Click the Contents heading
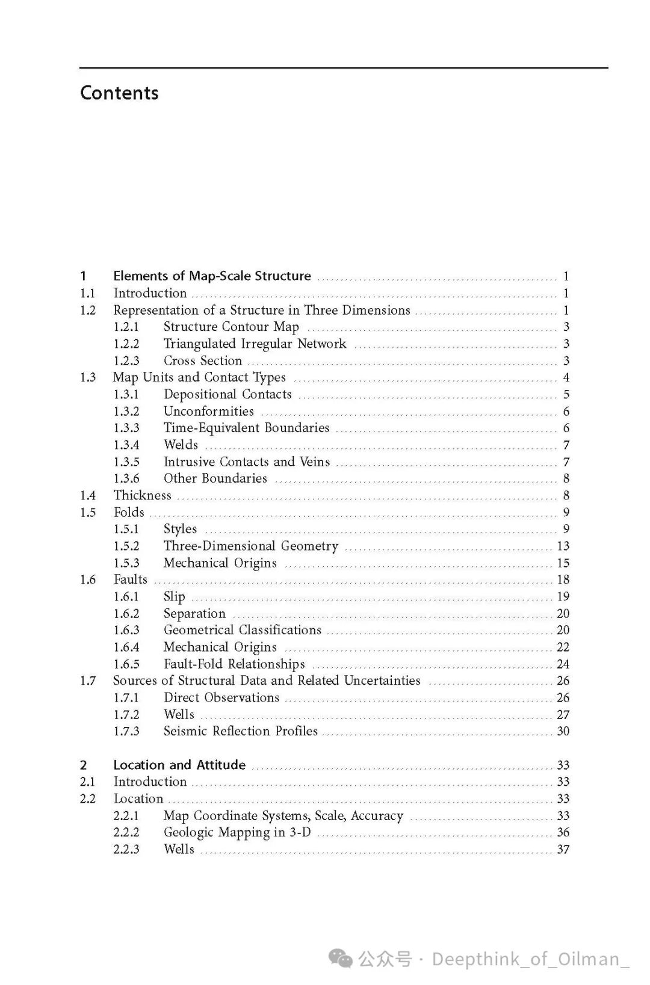(119, 93)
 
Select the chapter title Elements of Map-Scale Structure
(212, 276)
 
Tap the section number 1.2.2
(126, 344)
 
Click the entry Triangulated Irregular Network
(255, 344)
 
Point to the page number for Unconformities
(566, 412)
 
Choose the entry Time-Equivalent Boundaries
(246, 428)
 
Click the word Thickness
(143, 496)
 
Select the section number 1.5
(88, 513)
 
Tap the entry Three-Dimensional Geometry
(250, 546)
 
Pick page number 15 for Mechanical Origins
(563, 563)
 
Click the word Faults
(131, 580)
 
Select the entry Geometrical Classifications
(242, 631)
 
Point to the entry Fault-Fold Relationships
(234, 664)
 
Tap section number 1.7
(88, 681)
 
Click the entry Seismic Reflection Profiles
(240, 732)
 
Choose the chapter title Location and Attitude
(179, 765)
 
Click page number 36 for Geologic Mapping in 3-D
(563, 833)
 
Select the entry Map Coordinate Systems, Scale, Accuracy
(283, 816)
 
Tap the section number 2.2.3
(126, 850)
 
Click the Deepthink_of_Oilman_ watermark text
(530, 959)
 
